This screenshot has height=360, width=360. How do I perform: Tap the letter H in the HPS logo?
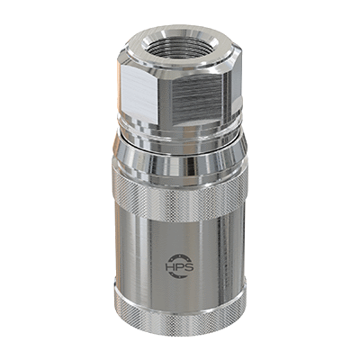pos(170,266)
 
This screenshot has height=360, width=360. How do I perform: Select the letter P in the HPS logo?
pos(179,266)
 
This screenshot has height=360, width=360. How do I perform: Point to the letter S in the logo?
pos(189,266)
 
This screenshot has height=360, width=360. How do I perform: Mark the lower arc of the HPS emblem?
pos(179,276)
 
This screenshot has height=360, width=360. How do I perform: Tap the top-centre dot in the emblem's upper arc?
pos(179,256)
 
